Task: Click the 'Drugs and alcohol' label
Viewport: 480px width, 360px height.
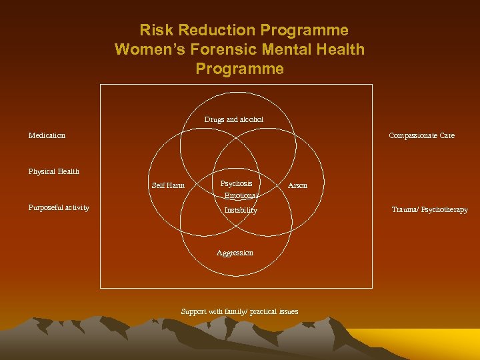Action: (x=233, y=119)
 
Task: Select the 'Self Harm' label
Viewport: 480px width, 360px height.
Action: (x=168, y=185)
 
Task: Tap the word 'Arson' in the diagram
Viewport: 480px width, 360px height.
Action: (x=297, y=185)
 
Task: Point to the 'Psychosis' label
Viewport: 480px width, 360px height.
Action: (x=237, y=183)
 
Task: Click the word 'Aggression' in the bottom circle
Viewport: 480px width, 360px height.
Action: (x=235, y=253)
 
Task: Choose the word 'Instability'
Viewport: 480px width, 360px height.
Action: (x=241, y=210)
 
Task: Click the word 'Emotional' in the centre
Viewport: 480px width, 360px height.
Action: (x=241, y=196)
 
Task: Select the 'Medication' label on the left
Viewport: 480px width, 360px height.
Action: (x=47, y=135)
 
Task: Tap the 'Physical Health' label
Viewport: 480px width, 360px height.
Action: (x=53, y=171)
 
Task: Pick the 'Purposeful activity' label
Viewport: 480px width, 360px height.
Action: (x=59, y=207)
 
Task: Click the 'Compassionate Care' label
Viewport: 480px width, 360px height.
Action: (x=421, y=135)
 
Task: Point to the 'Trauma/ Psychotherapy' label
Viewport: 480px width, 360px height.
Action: (x=429, y=209)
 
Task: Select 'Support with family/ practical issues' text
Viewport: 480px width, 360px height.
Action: (x=239, y=311)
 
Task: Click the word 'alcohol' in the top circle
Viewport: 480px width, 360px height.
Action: (x=251, y=119)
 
